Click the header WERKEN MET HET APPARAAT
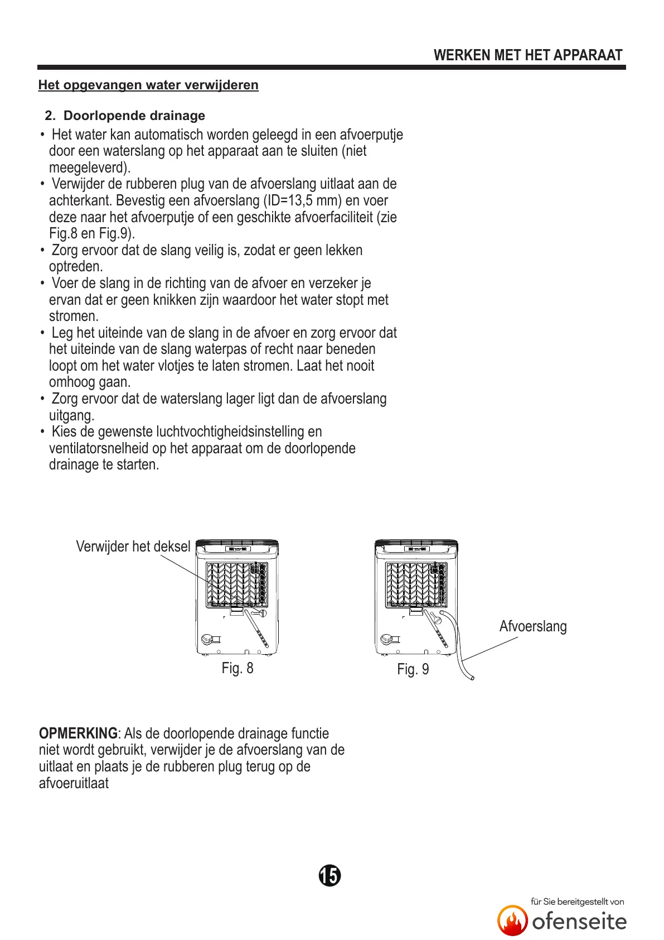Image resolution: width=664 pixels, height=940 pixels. click(527, 55)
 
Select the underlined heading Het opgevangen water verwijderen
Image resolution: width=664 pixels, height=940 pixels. click(148, 85)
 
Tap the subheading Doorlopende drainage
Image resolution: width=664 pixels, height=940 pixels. click(134, 116)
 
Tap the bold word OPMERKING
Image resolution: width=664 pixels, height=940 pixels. click(78, 733)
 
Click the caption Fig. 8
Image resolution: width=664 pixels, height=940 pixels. click(238, 668)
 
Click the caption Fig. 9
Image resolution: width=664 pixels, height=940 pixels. click(413, 669)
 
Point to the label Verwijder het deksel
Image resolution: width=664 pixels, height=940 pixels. click(133, 546)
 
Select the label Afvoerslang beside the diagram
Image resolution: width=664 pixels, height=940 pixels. click(533, 626)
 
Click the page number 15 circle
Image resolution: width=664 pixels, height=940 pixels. click(330, 875)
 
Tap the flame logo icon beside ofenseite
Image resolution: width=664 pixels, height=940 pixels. click(512, 920)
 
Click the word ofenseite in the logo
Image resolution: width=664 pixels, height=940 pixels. click(579, 922)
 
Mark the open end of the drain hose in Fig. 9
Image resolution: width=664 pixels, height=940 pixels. click(472, 678)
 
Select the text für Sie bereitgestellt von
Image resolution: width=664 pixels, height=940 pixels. click(577, 901)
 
